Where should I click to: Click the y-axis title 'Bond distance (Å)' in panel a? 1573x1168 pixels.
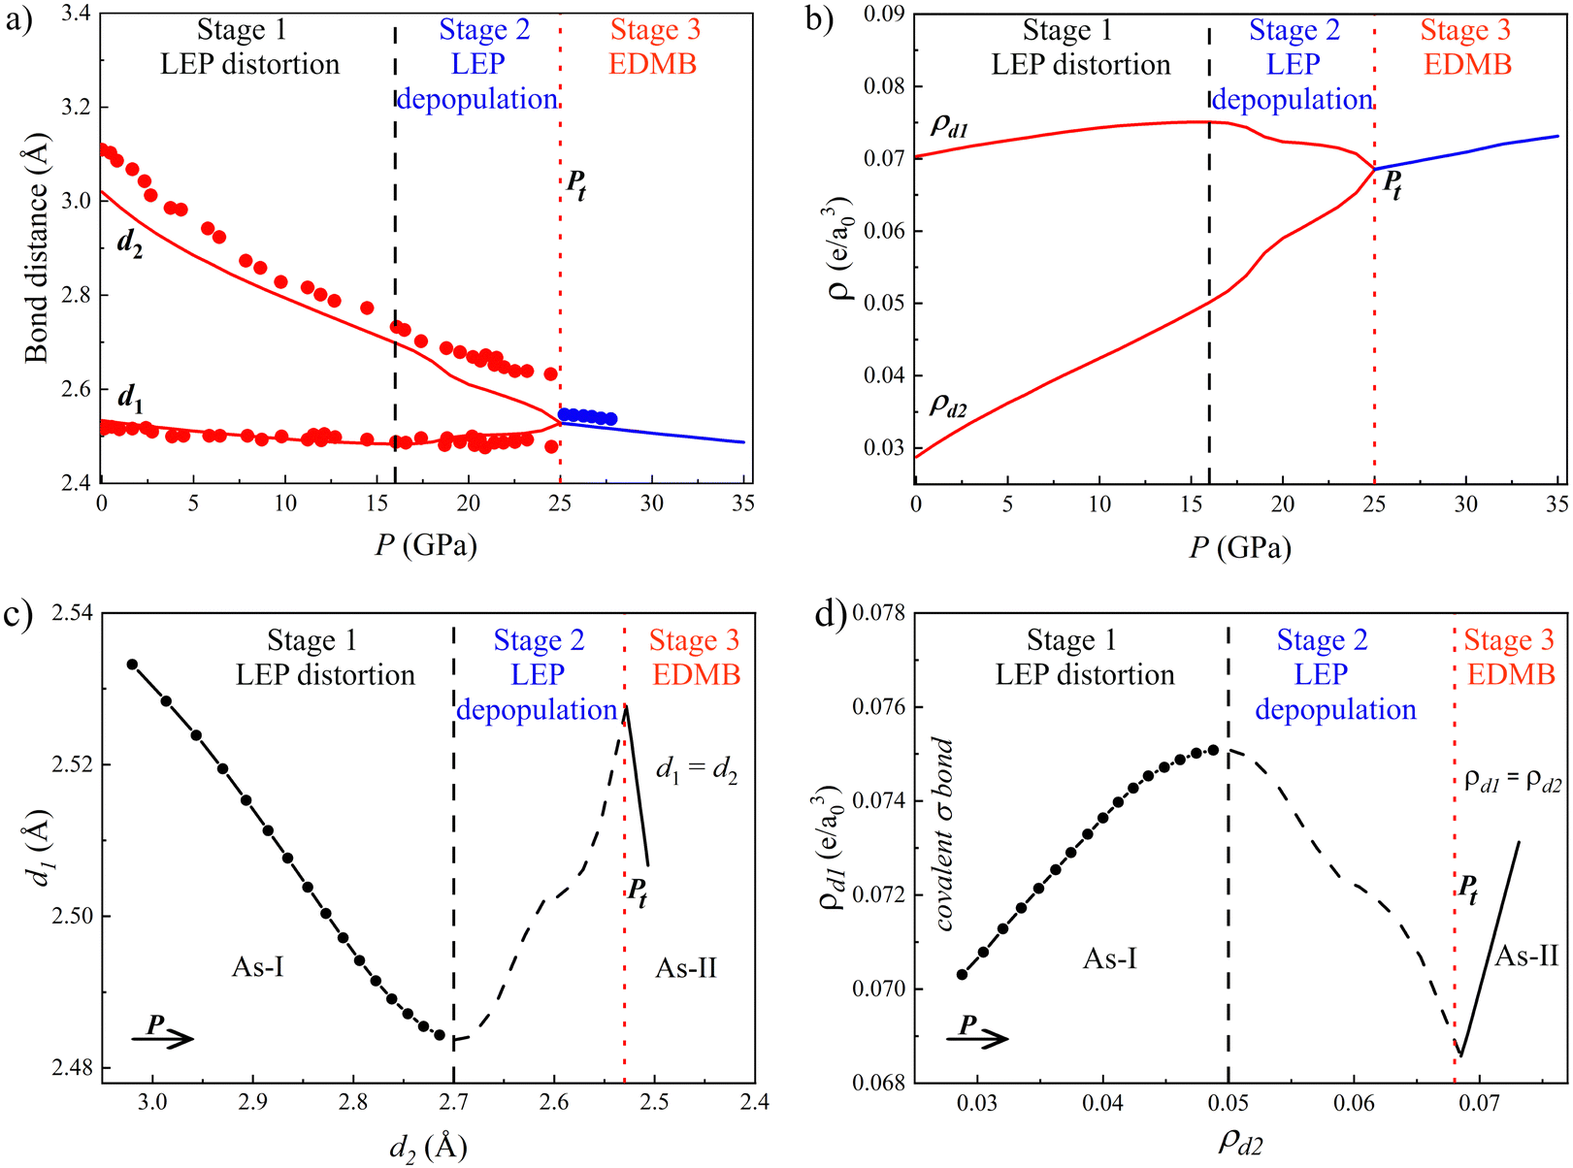click(x=37, y=248)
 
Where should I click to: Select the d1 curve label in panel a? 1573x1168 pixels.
click(x=130, y=397)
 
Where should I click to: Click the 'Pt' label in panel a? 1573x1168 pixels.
click(x=576, y=183)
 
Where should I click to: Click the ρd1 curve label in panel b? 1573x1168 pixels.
click(x=949, y=125)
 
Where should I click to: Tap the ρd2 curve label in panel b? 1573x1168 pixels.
click(x=949, y=405)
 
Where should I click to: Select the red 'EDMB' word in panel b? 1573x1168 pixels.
click(x=1467, y=65)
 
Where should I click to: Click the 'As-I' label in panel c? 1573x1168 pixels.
click(x=258, y=966)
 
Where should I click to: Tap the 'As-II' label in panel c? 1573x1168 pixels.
click(x=686, y=967)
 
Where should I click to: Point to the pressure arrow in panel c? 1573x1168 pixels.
click(x=163, y=1036)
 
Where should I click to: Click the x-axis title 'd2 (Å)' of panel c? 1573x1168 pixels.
click(x=428, y=1148)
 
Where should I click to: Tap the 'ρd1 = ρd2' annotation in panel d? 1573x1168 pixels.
click(x=1513, y=782)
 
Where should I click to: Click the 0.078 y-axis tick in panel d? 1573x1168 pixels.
click(x=878, y=613)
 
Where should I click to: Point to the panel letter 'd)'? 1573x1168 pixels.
click(x=831, y=615)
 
